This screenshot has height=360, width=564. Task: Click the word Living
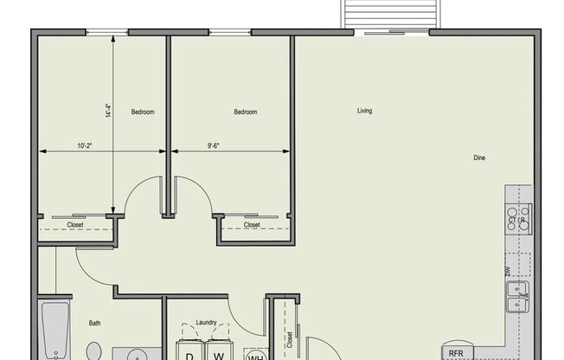coord(364,111)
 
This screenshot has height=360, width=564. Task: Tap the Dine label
coord(479,157)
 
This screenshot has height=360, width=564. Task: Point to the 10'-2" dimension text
coord(85,146)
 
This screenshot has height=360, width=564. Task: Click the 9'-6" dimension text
coord(213,146)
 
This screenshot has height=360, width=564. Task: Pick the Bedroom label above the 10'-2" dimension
coord(143,112)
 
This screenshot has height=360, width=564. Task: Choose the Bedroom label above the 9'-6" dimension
coord(246,112)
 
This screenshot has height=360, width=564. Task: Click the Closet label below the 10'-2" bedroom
coord(75,225)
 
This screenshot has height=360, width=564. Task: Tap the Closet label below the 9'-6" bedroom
coord(252,225)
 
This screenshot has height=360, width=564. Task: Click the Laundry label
coord(206,322)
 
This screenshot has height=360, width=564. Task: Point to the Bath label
coord(95,324)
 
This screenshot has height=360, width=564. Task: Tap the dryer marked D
coord(189,353)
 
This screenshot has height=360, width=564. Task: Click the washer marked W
coord(219,353)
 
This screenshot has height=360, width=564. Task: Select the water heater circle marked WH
coord(256,355)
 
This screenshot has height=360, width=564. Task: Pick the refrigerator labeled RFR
coord(457,353)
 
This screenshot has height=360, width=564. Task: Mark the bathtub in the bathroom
coord(54,331)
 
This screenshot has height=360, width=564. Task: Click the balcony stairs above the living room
coord(388,14)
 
